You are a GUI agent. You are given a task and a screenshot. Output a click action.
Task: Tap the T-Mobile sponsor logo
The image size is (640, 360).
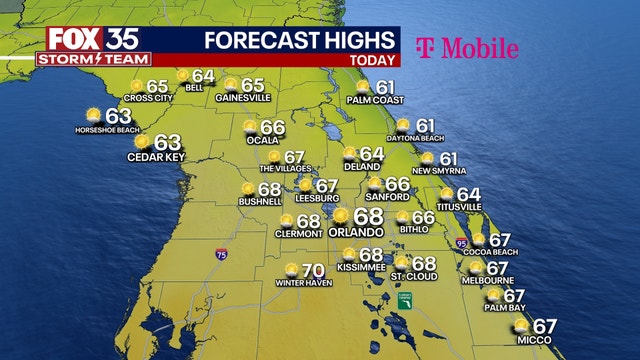pos(466,48)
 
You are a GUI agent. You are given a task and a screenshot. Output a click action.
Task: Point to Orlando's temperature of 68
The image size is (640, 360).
pos(368,216)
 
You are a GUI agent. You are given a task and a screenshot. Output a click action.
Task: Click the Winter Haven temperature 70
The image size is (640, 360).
pos(314,270)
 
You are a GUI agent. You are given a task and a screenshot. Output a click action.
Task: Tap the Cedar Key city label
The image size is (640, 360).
pos(153,157)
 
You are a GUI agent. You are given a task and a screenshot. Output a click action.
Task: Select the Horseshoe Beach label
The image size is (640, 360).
pos(107,130)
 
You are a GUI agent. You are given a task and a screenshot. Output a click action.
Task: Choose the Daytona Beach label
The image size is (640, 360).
pos(417,138)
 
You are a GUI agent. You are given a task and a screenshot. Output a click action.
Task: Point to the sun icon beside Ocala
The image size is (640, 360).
pos(251,127)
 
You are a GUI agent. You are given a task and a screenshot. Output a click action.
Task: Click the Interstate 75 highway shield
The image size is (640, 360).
pos(220,256)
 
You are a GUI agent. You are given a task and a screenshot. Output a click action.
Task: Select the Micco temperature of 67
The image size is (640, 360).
pos(544,326)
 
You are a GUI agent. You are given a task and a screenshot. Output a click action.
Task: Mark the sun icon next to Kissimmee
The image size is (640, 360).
pos(349,255)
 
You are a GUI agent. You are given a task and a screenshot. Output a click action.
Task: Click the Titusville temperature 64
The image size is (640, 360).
pos(468,194)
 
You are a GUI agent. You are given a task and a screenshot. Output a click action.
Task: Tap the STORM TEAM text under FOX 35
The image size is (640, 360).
pos(91,59)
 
